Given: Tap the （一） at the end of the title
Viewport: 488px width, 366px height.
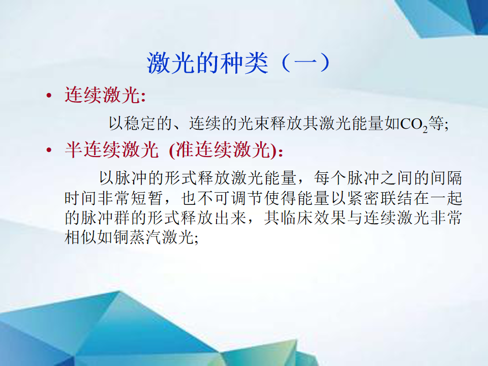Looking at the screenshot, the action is (x=306, y=63).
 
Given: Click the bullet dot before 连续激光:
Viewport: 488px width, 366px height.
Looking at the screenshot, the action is (x=49, y=95).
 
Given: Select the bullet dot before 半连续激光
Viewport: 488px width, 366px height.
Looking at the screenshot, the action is (x=49, y=150).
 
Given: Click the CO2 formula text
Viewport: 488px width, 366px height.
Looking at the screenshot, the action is (x=414, y=125).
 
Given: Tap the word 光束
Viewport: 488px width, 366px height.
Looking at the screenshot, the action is (x=254, y=123).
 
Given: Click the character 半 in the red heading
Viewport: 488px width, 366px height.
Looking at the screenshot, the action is (x=73, y=149).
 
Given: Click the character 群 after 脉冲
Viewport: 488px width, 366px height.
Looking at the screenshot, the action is (x=121, y=218).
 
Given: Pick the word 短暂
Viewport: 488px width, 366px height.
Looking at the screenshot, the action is (x=146, y=198).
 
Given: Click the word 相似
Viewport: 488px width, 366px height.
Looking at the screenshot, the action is (x=81, y=237).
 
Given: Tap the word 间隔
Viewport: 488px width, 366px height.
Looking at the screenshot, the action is (x=446, y=178).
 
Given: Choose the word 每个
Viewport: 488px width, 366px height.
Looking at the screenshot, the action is (x=329, y=178).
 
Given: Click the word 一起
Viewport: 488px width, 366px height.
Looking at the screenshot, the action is (x=446, y=198).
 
